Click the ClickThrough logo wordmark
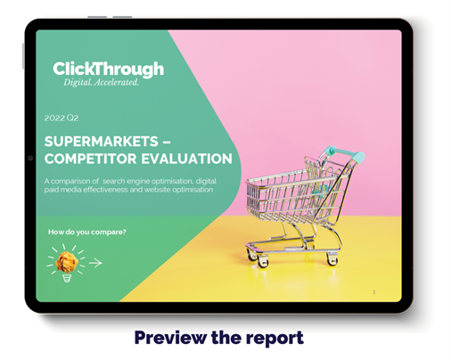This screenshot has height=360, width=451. (109, 70)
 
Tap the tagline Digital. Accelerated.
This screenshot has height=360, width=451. (101, 82)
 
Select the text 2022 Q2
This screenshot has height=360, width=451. (61, 118)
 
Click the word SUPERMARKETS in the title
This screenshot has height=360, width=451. (102, 142)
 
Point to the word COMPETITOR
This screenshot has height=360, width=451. (91, 159)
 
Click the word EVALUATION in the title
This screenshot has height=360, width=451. (186, 159)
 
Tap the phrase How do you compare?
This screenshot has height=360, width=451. (87, 232)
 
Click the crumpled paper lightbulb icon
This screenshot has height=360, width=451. (67, 263)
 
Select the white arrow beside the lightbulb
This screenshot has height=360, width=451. (95, 263)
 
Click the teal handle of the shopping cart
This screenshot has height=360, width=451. (344, 152)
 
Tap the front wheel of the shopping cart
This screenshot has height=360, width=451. (261, 261)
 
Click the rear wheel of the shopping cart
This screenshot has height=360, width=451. (332, 259)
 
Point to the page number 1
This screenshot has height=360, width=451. (374, 292)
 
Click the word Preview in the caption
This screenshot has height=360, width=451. (170, 338)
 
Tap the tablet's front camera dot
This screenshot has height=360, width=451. (30, 158)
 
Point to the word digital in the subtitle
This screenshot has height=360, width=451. (206, 182)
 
